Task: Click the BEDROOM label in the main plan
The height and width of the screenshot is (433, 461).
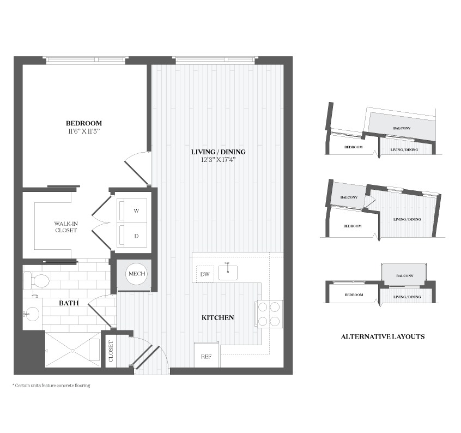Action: click(x=84, y=123)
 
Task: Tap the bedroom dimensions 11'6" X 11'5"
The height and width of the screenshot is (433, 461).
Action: click(x=84, y=131)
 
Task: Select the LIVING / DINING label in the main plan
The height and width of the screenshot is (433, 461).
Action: click(x=219, y=152)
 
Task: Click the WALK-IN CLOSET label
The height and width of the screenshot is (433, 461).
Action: click(x=66, y=227)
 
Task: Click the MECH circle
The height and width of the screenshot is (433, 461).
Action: click(x=137, y=274)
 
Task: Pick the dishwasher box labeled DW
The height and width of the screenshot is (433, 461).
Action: click(x=205, y=274)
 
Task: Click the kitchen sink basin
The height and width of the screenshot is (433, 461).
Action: click(x=228, y=273)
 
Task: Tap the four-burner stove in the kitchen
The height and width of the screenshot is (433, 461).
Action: click(x=269, y=314)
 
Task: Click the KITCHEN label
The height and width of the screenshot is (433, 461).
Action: click(x=218, y=318)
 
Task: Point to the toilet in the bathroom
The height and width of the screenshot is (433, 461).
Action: click(x=36, y=281)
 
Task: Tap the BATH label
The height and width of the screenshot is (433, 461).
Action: click(x=69, y=303)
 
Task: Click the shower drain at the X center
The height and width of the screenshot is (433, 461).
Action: click(x=72, y=350)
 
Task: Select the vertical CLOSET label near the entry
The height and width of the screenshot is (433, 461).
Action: click(x=111, y=351)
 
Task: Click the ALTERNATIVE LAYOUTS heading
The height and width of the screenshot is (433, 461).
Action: click(x=383, y=337)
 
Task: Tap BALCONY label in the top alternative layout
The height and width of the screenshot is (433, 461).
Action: click(x=402, y=128)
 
